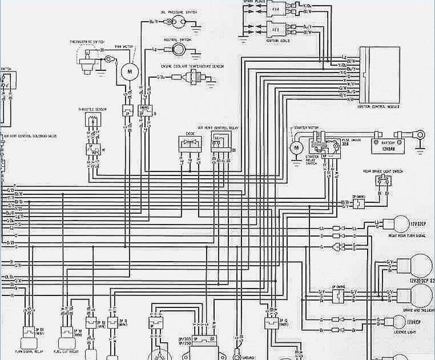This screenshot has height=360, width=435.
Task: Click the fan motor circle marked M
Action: (x=129, y=71)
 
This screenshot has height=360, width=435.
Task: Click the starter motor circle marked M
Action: (x=296, y=149)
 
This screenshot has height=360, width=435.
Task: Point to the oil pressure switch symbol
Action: (x=176, y=22)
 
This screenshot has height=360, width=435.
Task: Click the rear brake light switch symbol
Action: (x=384, y=181)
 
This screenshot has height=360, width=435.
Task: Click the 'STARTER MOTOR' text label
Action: (x=304, y=128)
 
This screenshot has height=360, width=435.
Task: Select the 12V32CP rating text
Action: (x=418, y=218)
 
